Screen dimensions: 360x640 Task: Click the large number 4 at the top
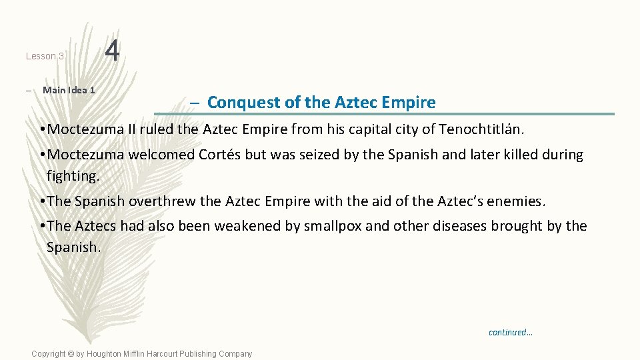pos(113,51)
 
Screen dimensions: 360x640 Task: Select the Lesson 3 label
pos(45,57)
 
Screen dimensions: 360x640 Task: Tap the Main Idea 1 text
pos(69,90)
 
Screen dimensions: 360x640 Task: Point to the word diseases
pos(460,226)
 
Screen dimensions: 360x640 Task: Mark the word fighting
pos(72,176)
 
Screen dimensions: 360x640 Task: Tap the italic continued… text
pos(510,332)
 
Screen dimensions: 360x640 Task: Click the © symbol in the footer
pos(70,354)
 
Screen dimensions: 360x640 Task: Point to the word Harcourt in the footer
pos(173,354)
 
